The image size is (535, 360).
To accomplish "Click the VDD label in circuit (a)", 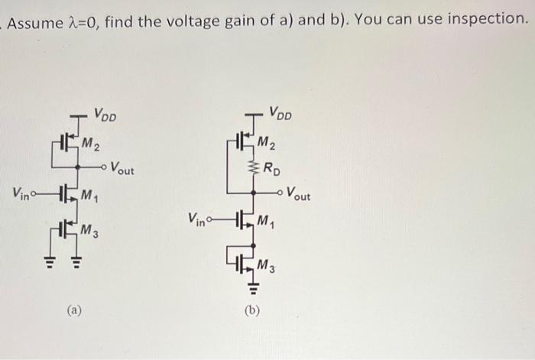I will pos(105,117).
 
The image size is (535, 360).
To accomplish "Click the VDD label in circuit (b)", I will pos(280,114).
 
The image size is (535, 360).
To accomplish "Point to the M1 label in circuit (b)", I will pos(264,223).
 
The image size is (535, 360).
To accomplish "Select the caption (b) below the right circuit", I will pos(251,310).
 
